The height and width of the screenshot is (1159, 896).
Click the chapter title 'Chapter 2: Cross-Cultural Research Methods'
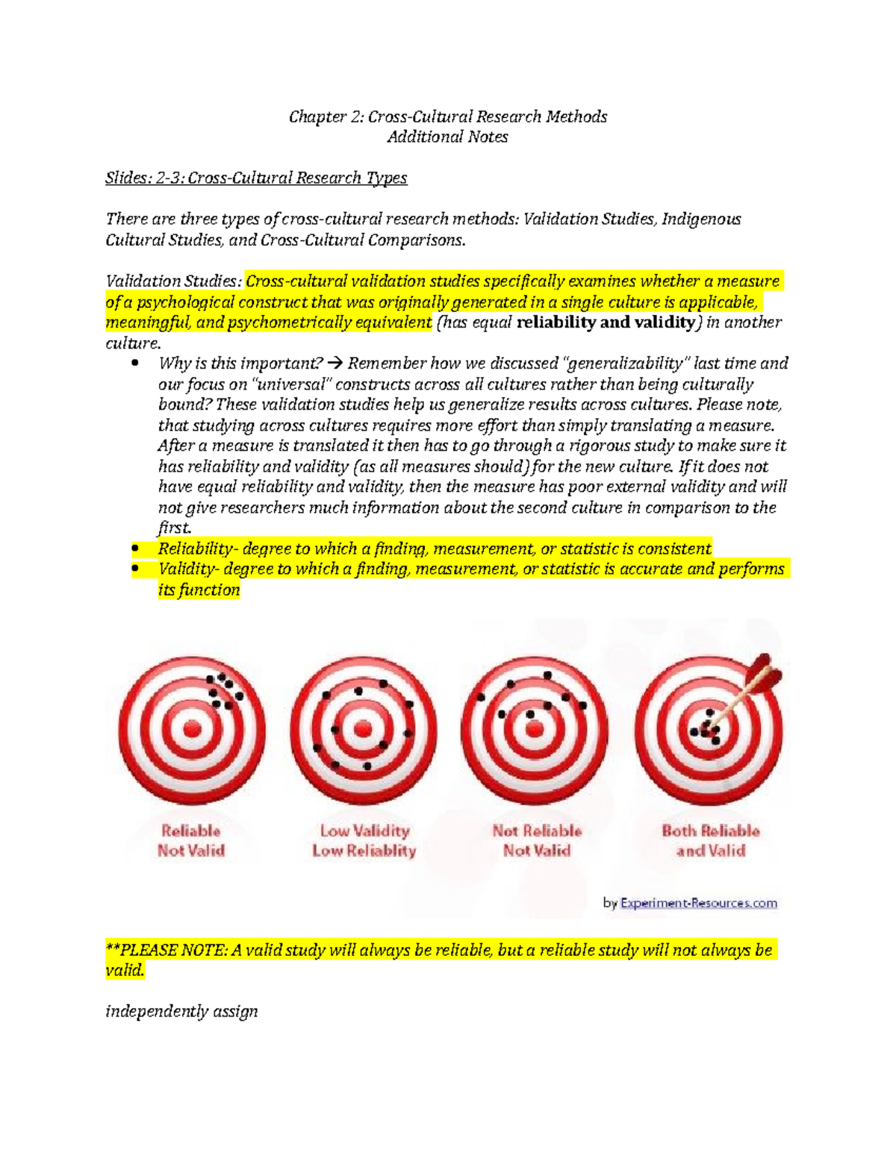point(448,116)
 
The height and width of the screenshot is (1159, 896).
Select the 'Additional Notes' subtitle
point(448,137)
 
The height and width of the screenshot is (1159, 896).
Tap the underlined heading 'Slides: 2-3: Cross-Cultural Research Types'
point(256,178)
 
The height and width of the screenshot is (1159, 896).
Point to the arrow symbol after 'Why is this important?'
point(335,363)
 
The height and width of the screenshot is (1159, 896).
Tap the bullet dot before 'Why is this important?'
point(135,363)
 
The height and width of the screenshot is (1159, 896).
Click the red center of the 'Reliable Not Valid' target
point(192,729)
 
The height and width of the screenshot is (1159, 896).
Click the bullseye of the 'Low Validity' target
point(364,728)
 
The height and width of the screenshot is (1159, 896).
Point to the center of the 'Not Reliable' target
point(535,728)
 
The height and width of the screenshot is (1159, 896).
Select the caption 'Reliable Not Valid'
point(191,840)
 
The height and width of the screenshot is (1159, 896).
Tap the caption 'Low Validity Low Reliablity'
point(364,840)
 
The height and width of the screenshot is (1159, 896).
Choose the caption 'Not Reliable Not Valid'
point(537,840)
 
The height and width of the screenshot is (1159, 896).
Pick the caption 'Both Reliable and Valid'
point(710,840)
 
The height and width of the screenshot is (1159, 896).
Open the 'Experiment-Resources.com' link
point(698,903)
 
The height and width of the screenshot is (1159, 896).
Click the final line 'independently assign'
point(181,1011)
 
